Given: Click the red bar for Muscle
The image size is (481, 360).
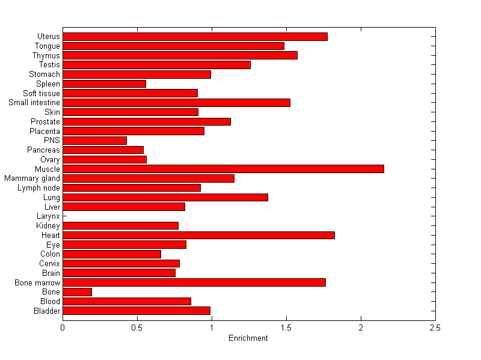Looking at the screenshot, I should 223,169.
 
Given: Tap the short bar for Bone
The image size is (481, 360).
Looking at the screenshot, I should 77,291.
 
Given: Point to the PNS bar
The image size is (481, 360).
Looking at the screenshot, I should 94,141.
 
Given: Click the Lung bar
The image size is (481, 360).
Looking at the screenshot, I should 165,197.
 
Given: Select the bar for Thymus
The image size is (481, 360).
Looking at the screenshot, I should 180,55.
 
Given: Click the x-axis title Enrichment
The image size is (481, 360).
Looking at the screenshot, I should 248,338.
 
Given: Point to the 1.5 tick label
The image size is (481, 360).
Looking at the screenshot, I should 286,328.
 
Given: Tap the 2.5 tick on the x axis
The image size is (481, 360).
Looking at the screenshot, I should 435,328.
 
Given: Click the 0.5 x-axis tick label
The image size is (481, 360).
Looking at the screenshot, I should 137,328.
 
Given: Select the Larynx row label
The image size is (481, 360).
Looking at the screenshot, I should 48,216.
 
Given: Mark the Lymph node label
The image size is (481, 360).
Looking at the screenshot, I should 38,188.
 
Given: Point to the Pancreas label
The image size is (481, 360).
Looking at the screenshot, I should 43,150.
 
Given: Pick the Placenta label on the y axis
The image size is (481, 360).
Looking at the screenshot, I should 44,131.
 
